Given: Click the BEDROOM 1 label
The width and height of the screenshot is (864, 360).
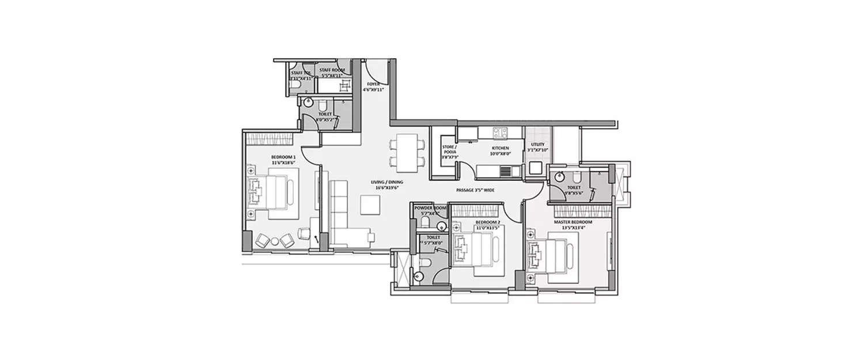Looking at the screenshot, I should tap(283, 157).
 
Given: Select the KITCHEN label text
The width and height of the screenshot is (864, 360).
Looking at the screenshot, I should tap(500, 148).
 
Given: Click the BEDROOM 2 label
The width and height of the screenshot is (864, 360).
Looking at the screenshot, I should tap(487, 222).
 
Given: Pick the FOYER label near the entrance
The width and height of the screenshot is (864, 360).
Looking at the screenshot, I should tap(373, 84).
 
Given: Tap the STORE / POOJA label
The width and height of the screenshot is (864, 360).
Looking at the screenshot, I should tap(449, 150).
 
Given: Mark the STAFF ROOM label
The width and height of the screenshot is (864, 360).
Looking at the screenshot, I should tap(332, 70).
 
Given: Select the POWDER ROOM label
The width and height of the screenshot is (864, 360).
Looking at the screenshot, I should tap(430, 208).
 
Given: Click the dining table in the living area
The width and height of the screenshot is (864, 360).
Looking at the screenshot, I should tap(408, 153).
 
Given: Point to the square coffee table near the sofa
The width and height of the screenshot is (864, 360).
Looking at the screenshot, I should tap(370, 204).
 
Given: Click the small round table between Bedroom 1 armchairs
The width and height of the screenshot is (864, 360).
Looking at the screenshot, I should tap(275, 240).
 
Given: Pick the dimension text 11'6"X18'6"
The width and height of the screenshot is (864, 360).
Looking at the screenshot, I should tap(283, 164).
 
